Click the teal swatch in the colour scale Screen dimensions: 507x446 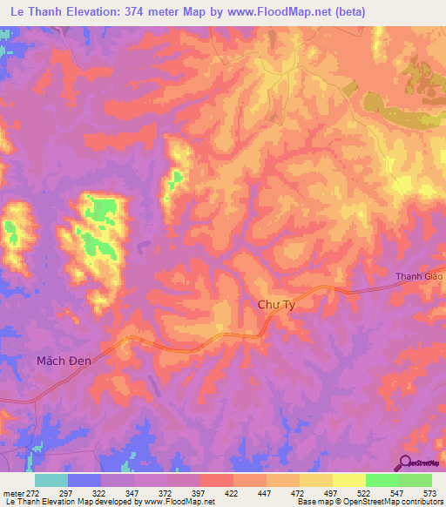point(51,480)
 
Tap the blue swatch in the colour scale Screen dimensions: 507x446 point(84,480)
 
